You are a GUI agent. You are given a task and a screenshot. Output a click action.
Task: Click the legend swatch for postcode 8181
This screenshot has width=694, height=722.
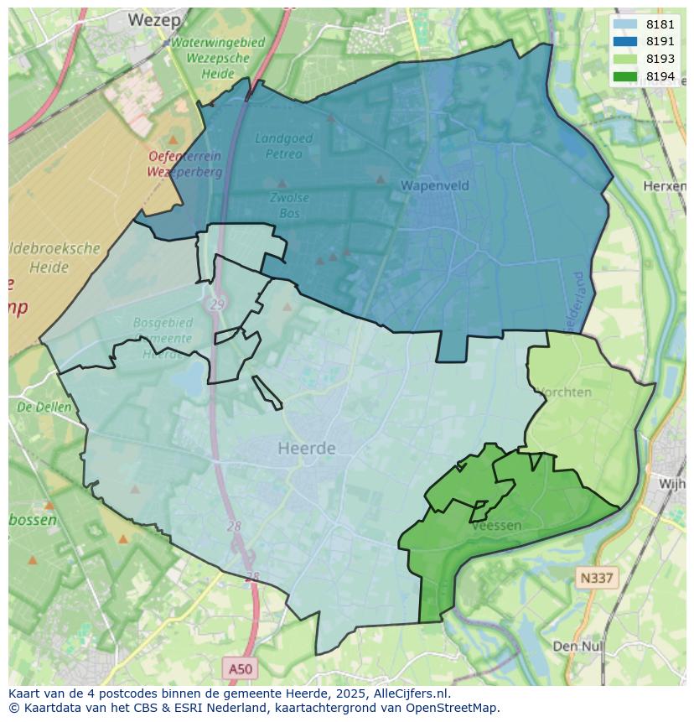625,25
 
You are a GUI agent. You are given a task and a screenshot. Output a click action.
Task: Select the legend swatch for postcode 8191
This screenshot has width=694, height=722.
625,42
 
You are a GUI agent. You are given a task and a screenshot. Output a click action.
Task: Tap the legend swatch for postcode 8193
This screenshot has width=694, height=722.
625,60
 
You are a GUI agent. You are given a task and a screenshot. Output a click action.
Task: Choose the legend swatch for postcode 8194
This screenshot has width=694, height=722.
625,77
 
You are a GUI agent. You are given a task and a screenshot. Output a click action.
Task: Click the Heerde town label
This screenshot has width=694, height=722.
307,449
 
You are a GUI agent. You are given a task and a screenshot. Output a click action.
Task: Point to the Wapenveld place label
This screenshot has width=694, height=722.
434,185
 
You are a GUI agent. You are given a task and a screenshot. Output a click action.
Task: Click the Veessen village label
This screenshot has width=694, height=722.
496,526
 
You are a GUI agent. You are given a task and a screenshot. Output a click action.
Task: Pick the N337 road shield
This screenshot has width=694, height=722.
596,578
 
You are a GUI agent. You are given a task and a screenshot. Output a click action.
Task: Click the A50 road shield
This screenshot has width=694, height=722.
241,668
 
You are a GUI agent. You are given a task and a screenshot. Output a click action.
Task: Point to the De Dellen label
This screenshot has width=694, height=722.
44,408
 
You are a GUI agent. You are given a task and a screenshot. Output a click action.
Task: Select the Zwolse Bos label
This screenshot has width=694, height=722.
289,205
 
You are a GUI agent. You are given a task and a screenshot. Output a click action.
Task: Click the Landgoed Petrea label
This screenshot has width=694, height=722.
283,146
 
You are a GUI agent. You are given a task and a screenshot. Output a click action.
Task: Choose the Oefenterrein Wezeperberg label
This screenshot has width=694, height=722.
185,164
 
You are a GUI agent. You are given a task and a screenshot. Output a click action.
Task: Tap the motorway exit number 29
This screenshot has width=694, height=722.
217,305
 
